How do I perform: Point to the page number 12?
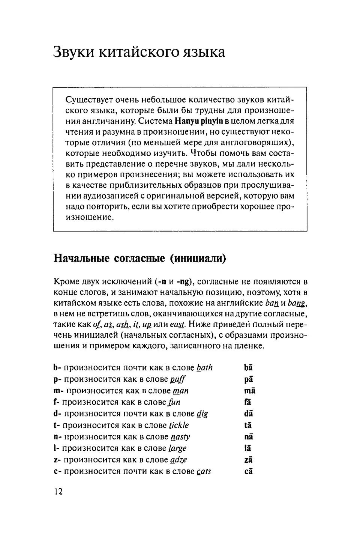point(58,492)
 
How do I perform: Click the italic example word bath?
point(204,368)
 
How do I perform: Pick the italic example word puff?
point(178,379)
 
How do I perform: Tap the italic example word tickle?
point(179,425)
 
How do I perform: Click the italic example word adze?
point(178,460)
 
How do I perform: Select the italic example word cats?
point(204,471)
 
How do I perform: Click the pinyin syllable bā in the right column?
point(248,368)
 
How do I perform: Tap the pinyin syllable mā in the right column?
point(249,391)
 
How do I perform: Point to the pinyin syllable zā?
point(248,460)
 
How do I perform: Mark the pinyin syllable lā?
point(248,448)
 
